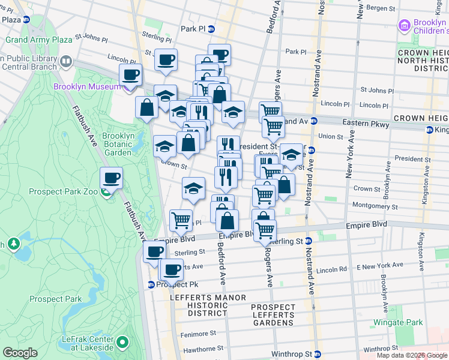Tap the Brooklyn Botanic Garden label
click(118, 144)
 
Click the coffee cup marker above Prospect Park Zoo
click(112, 178)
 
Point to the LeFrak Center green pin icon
click(123, 343)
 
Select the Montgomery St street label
click(376, 205)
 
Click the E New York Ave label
click(380, 265)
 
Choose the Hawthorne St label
click(200, 348)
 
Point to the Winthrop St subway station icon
click(319, 354)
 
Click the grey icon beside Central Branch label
click(65, 61)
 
